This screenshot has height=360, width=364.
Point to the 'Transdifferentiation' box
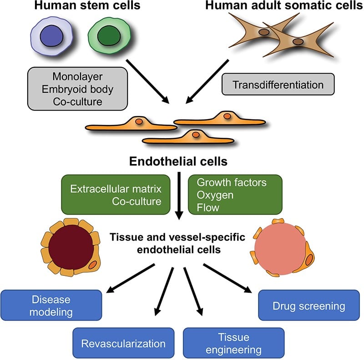click(278, 85)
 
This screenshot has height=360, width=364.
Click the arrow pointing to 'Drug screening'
click(227, 278)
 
